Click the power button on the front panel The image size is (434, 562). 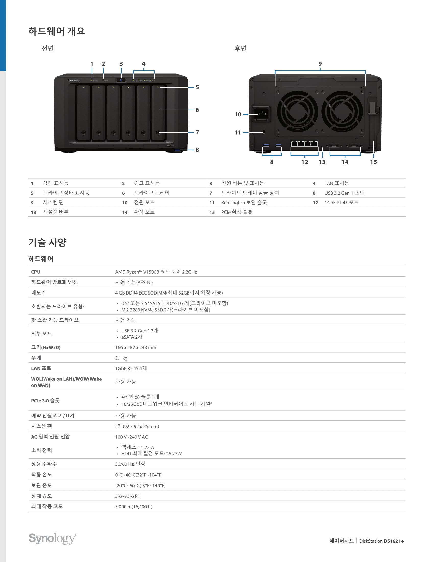pyautogui.click(x=121, y=80)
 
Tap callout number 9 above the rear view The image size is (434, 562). pyautogui.click(x=320, y=64)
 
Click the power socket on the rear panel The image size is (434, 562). pyautogui.click(x=261, y=114)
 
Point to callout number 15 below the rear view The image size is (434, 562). pyautogui.click(x=373, y=162)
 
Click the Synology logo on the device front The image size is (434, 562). pyautogui.click(x=74, y=80)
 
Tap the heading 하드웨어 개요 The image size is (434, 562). pyautogui.click(x=57, y=31)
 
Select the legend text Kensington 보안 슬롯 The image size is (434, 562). pyautogui.click(x=244, y=203)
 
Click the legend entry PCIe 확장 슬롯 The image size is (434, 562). pyautogui.click(x=237, y=212)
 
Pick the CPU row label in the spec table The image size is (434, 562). pyautogui.click(x=36, y=272)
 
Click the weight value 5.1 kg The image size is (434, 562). pyautogui.click(x=121, y=358)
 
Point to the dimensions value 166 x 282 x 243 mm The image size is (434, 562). pyautogui.click(x=136, y=347)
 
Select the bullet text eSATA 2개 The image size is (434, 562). pyautogui.click(x=132, y=337)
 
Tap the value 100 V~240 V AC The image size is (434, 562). pyautogui.click(x=131, y=437)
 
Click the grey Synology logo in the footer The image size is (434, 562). pyautogui.click(x=52, y=538)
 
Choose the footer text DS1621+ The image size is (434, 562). pyautogui.click(x=394, y=541)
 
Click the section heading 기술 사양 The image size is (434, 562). pyautogui.click(x=47, y=242)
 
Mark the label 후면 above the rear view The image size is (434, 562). pyautogui.click(x=240, y=48)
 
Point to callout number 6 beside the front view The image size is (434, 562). pyautogui.click(x=197, y=110)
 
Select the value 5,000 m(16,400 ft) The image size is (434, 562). pyautogui.click(x=134, y=506)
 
